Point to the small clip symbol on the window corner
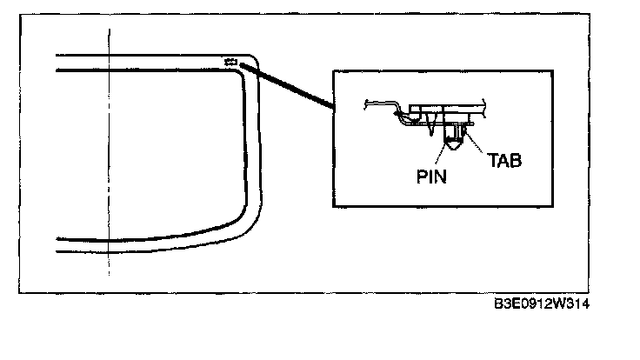(x=231, y=61)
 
